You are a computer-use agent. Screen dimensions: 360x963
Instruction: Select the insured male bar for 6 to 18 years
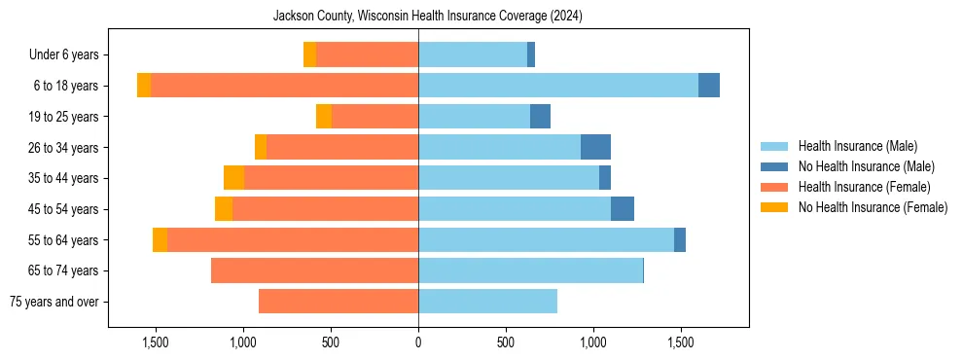click(557, 86)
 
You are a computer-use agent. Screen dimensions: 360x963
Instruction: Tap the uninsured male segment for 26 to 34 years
click(595, 147)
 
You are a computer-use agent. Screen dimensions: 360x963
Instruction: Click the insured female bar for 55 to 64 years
click(292, 239)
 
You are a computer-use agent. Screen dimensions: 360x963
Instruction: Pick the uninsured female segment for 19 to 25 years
click(324, 116)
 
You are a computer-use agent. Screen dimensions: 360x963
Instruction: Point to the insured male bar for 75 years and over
click(487, 302)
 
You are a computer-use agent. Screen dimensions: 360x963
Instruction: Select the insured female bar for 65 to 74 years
click(314, 270)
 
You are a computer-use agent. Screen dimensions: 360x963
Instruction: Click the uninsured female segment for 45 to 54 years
click(224, 208)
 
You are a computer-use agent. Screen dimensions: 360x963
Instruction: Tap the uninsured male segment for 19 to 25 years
click(540, 116)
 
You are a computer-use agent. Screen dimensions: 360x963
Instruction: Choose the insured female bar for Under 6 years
click(367, 54)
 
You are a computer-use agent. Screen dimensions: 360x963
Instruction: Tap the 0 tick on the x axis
click(418, 342)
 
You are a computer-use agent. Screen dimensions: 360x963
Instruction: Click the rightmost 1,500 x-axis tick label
click(680, 342)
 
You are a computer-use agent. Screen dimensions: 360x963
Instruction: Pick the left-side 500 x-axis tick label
click(331, 342)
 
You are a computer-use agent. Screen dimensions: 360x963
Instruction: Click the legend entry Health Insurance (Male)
click(857, 146)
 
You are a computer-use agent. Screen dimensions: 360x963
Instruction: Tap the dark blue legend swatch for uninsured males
click(775, 166)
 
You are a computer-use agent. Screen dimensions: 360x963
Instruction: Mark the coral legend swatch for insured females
click(775, 187)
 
